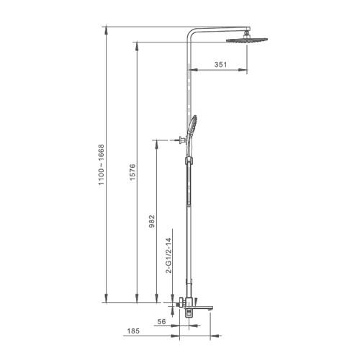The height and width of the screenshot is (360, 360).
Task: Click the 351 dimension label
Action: coord(220,65)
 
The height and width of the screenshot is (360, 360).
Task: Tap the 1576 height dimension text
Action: coord(132,172)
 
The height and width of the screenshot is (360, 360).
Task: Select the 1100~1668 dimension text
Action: coord(102,165)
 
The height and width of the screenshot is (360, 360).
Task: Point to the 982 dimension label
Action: coord(152,221)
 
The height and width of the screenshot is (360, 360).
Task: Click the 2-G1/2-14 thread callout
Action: coord(169,256)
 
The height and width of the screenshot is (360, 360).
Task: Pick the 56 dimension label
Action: coord(161,321)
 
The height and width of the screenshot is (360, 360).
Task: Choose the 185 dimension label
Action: coord(133,331)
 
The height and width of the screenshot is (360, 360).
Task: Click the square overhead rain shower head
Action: coord(247,40)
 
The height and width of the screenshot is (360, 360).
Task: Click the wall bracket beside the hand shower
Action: coord(182,140)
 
